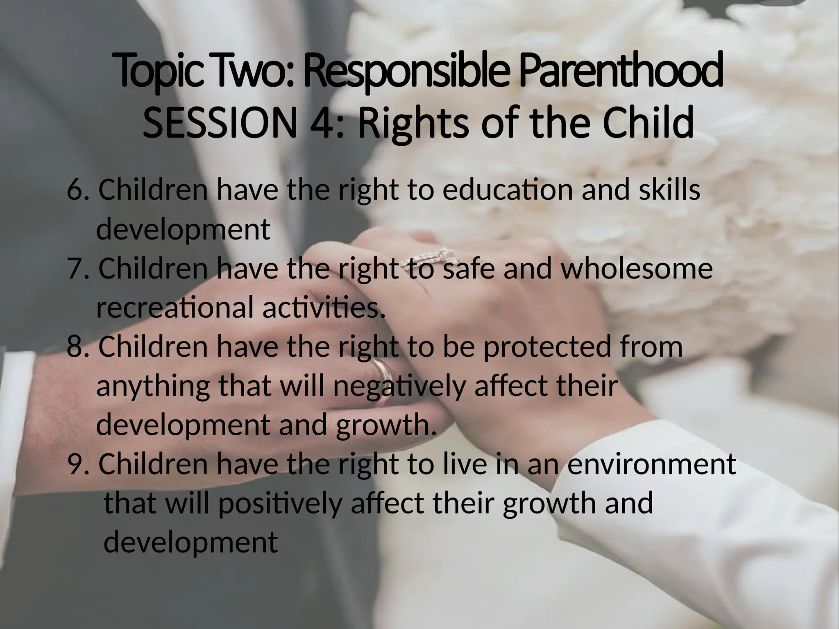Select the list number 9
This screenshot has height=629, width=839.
point(77,464)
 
